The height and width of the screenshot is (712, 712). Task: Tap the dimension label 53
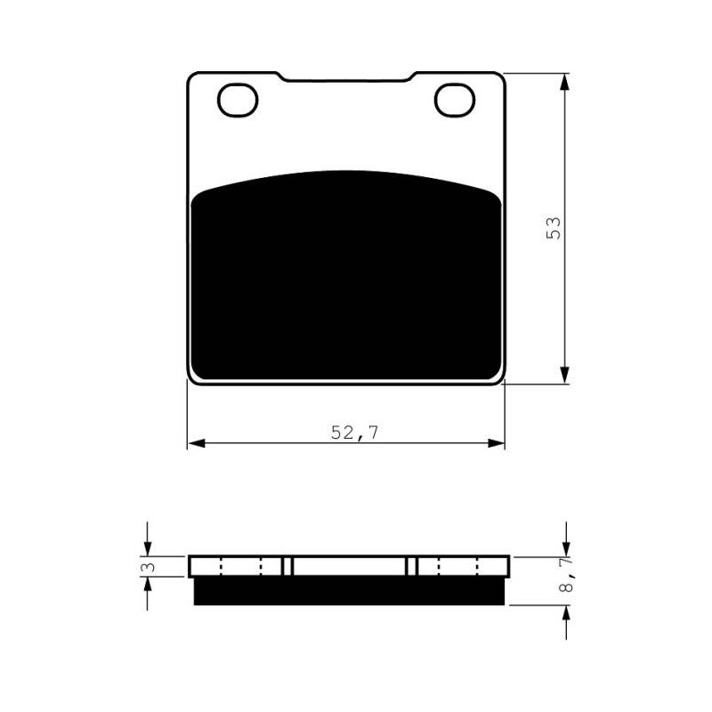point(554,229)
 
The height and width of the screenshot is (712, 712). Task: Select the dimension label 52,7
point(354,433)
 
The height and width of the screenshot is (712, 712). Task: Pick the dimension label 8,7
point(567,575)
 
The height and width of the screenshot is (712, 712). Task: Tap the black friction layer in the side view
point(349,591)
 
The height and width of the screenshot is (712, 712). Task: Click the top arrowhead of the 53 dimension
point(564,83)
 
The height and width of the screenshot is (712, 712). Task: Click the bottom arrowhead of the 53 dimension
point(564,373)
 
